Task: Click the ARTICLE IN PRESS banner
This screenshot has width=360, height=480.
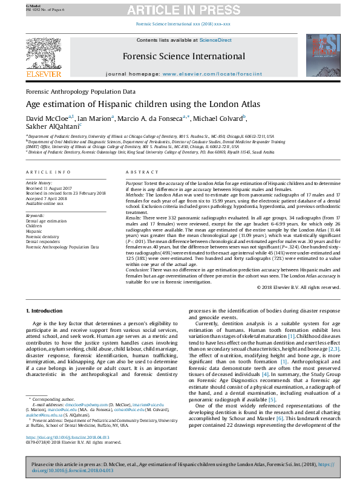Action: click(x=180, y=11)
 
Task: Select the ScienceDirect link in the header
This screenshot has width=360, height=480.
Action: click(x=216, y=40)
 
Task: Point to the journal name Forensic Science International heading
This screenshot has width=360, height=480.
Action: click(x=184, y=56)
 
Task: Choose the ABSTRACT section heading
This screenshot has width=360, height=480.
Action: click(x=138, y=172)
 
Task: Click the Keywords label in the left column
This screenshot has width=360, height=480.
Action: click(x=35, y=216)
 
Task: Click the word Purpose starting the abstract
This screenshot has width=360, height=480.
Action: click(x=135, y=182)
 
